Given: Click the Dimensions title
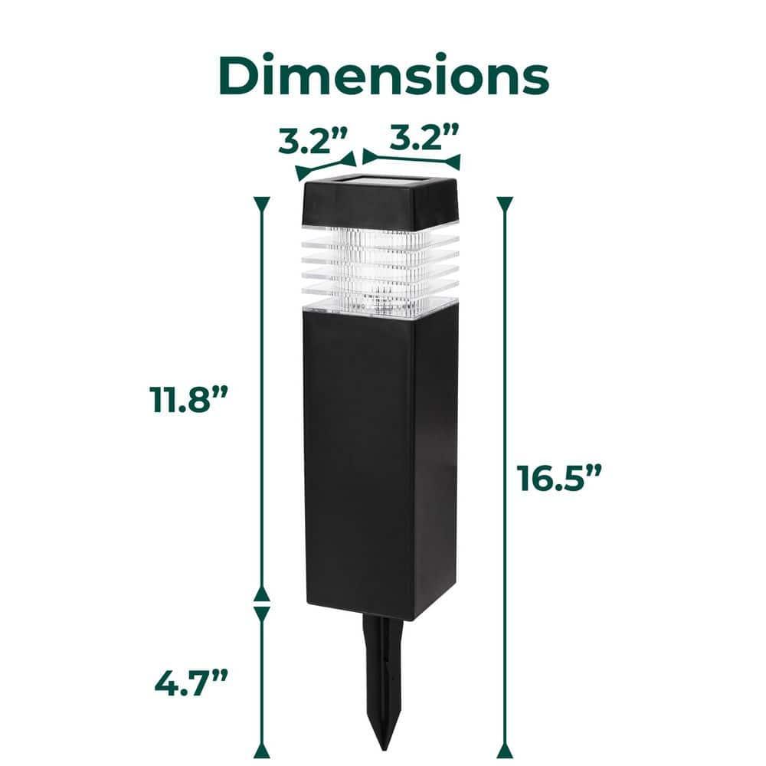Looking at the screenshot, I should point(384,76).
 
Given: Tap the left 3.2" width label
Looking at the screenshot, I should point(313,141).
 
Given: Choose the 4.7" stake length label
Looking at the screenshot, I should point(191,682).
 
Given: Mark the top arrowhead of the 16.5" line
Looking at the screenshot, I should point(504,203).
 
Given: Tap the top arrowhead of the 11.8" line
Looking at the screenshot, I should point(262,203).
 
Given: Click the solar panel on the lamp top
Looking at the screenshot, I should point(380,182).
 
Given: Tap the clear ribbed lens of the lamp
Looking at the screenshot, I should point(381,270).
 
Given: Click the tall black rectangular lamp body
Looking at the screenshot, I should point(381,460).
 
